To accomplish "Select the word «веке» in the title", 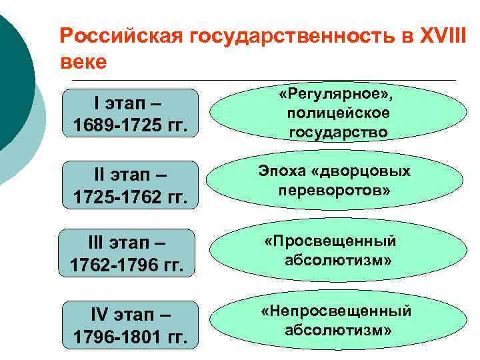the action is click(83, 62).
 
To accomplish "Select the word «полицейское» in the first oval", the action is click(338, 114).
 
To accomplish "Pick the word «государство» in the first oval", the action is click(338, 132).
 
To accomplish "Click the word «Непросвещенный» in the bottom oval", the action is click(336, 311).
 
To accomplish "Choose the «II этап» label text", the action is click(130, 175).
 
